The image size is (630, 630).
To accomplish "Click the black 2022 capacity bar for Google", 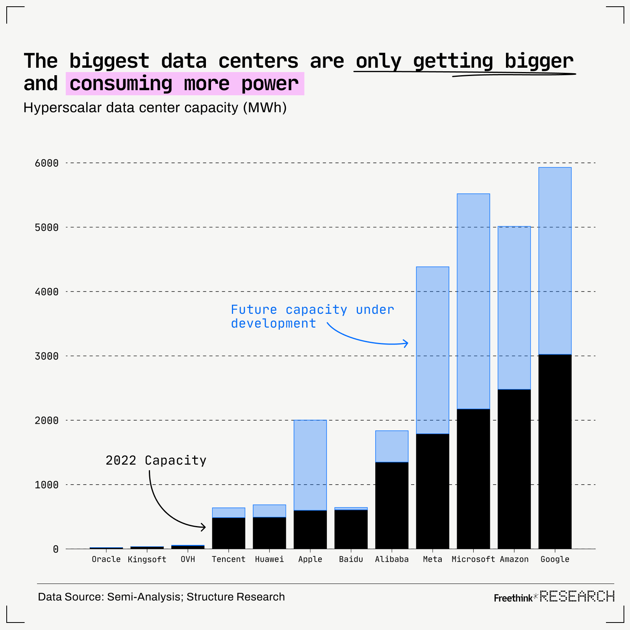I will coord(555,451).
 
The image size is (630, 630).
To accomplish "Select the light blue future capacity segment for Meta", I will coord(432,350).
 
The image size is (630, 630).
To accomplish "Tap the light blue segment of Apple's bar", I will coord(310,465).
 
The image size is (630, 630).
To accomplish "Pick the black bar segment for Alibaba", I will coord(392,505).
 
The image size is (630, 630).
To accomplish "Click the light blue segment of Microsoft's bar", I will coord(473,301).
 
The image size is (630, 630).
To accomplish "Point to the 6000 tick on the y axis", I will coord(46,163).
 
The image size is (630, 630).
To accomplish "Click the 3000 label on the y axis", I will coord(46,356).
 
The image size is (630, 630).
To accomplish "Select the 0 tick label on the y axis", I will coord(56,549).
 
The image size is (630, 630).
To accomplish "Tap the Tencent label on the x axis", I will coord(228,559).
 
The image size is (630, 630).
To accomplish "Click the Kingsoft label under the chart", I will coord(147,560).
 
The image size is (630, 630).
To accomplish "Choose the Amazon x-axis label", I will coord(514,559).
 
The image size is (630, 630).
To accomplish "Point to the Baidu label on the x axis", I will coord(351,559).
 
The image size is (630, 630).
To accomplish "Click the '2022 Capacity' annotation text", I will coord(156,460).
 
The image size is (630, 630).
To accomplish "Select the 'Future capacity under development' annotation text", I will coord(312,316).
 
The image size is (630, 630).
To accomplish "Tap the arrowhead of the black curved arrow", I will coord(204,527).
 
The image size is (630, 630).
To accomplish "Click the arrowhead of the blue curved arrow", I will coord(406,343).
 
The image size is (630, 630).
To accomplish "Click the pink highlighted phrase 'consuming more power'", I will coord(185,83).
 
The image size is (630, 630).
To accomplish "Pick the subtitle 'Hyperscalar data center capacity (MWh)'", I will coord(155,107).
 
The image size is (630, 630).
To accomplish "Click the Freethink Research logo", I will coord(554,597).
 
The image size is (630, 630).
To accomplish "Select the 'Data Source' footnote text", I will coord(161,597).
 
